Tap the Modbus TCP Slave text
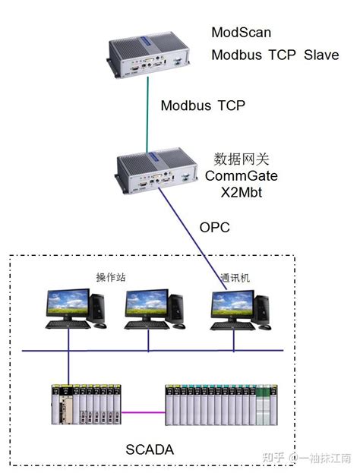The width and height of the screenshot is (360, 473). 275,55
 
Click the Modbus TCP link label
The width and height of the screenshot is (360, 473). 203,106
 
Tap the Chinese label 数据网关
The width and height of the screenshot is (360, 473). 242,159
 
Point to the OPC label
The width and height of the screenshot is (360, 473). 214,226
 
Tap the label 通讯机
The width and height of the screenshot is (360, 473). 233,277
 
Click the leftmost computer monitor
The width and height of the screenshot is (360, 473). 67,304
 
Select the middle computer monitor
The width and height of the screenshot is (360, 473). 146,304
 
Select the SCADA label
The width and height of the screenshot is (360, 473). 150,449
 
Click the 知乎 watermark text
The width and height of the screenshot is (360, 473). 273,458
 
